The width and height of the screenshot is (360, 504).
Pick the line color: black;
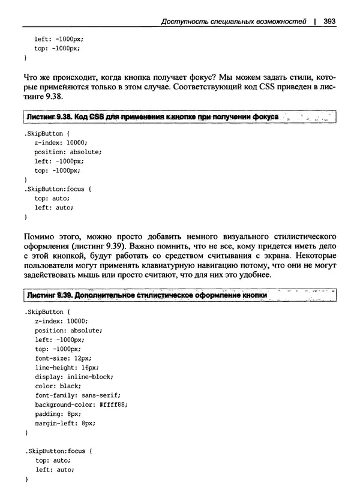[x=58, y=386]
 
